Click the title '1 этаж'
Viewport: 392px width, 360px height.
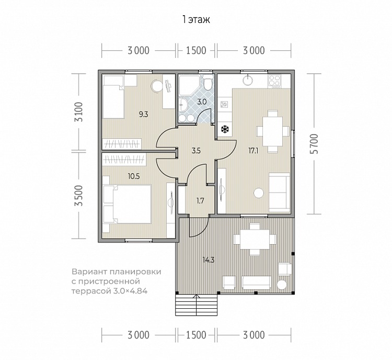point(196,19)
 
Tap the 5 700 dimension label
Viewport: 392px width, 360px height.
point(315,144)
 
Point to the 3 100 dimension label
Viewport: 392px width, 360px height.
point(79,111)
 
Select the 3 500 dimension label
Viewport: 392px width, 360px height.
point(79,196)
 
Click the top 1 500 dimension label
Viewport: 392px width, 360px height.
point(196,51)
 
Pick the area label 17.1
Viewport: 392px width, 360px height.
point(253,151)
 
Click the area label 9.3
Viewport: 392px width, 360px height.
point(144,115)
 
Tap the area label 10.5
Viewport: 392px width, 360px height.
point(134,176)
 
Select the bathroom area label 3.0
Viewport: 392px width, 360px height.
point(202,102)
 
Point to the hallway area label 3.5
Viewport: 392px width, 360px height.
point(196,151)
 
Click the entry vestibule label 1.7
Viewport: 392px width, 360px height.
point(200,201)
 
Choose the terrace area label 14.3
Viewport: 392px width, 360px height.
point(209,260)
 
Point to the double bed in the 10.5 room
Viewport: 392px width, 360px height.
point(127,204)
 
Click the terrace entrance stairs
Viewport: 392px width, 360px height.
point(196,305)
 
